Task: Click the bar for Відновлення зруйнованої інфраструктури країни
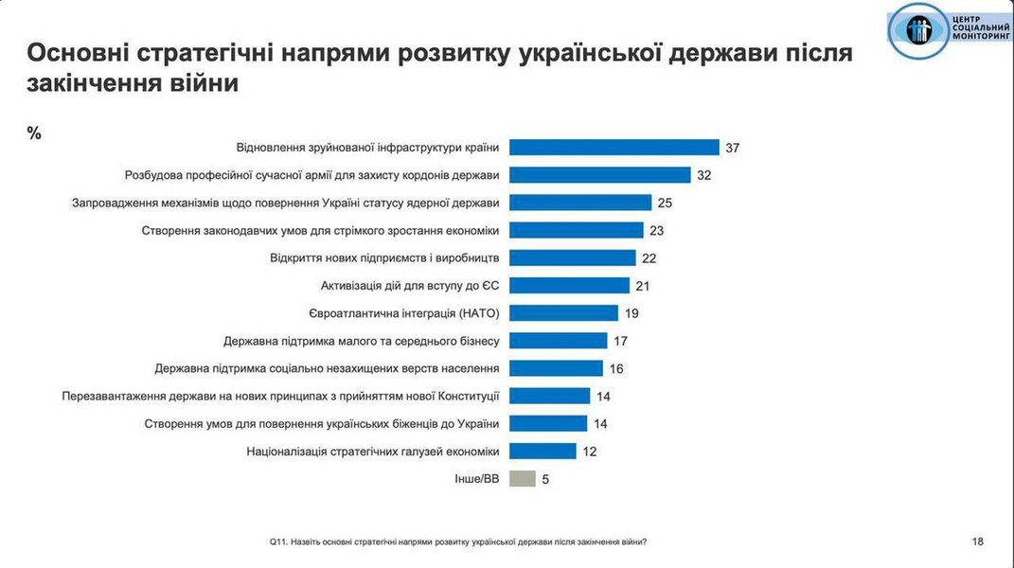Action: [x=614, y=148]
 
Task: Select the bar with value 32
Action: [x=600, y=175]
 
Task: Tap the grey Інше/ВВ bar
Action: [x=523, y=479]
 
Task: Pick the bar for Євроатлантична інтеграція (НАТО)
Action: [x=564, y=313]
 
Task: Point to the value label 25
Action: [x=667, y=203]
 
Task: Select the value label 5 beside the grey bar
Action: [x=545, y=479]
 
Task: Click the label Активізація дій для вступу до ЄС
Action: [x=410, y=286]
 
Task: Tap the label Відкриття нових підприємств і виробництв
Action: [x=384, y=257]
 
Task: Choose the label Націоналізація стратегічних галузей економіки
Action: [x=372, y=452]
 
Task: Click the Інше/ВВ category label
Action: [x=477, y=479]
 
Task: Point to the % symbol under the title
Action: [x=34, y=133]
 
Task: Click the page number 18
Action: [x=977, y=541]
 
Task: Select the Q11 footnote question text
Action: [x=458, y=541]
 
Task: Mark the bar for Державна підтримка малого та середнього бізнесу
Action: [x=559, y=341]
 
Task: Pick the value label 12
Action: [x=590, y=452]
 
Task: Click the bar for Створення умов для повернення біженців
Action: [x=548, y=424]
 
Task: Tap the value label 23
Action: [x=658, y=230]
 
